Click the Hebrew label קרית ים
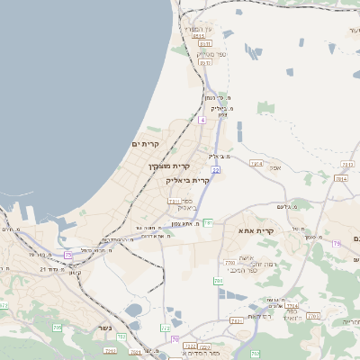click(x=145, y=144)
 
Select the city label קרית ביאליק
click(x=188, y=180)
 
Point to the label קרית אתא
click(x=256, y=231)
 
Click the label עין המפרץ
click(x=197, y=28)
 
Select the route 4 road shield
click(x=203, y=120)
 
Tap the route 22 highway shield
click(x=216, y=168)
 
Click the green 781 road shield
click(x=208, y=222)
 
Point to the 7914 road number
click(x=256, y=163)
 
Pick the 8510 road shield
click(x=199, y=36)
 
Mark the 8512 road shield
click(x=205, y=63)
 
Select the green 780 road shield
click(x=218, y=282)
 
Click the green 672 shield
click(x=165, y=329)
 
